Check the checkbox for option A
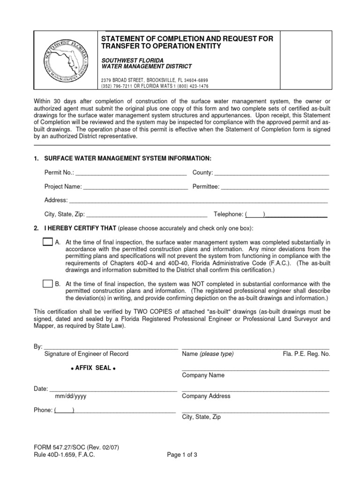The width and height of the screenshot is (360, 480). click(x=48, y=242)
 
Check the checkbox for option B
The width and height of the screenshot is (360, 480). click(x=48, y=284)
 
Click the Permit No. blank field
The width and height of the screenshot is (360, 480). click(x=130, y=173)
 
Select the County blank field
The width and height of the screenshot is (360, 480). click(x=272, y=173)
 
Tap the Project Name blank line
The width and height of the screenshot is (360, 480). click(x=135, y=187)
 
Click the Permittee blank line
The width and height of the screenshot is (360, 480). click(x=275, y=187)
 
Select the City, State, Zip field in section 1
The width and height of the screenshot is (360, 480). click(x=147, y=214)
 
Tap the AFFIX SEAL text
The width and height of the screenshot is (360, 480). click(x=92, y=368)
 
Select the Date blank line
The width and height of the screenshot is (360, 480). click(x=113, y=389)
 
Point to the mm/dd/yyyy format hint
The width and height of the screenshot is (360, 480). click(x=70, y=397)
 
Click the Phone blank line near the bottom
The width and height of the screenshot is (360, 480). click(x=115, y=410)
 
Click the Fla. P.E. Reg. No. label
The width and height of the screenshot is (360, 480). click(x=306, y=354)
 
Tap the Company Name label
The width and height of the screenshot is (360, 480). click(x=203, y=375)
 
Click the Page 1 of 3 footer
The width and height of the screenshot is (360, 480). click(x=182, y=455)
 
